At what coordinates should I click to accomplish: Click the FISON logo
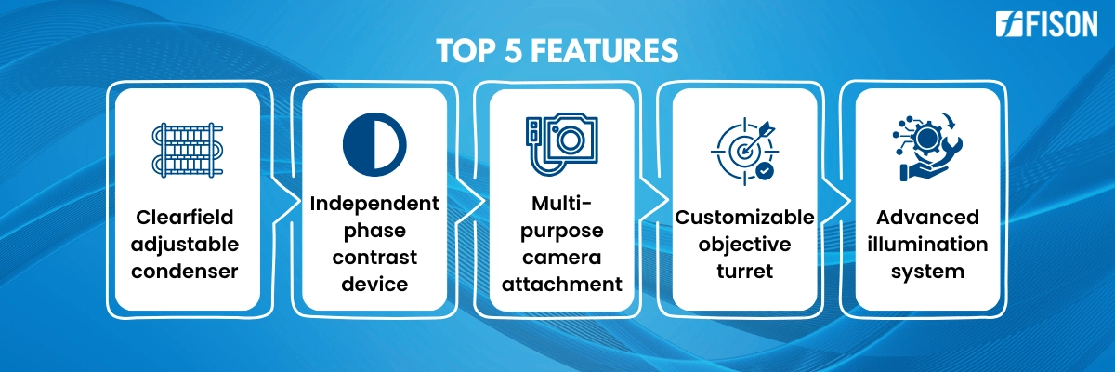pyautogui.click(x=1046, y=24)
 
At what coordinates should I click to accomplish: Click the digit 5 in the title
pyautogui.click(x=512, y=50)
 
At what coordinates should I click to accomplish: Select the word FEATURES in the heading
pyautogui.click(x=604, y=50)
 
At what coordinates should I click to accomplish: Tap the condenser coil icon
pyautogui.click(x=187, y=150)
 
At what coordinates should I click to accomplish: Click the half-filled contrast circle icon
pyautogui.click(x=374, y=144)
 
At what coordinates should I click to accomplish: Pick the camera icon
pyautogui.click(x=562, y=144)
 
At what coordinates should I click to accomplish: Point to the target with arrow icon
pyautogui.click(x=744, y=151)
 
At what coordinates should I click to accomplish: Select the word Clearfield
pyautogui.click(x=185, y=217)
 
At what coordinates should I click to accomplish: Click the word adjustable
pyautogui.click(x=185, y=245)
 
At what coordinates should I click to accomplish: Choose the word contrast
pyautogui.click(x=374, y=258)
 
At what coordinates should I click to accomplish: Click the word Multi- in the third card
pyautogui.click(x=562, y=203)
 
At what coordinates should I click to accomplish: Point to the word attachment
pyautogui.click(x=562, y=285)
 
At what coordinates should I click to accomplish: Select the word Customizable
pyautogui.click(x=744, y=217)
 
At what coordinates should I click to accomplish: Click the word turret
pyautogui.click(x=744, y=272)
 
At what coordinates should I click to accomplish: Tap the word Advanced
pyautogui.click(x=927, y=217)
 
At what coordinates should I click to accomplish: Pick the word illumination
pyautogui.click(x=927, y=244)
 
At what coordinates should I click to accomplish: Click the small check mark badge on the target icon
pyautogui.click(x=765, y=171)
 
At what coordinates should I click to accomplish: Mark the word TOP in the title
pyautogui.click(x=466, y=50)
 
